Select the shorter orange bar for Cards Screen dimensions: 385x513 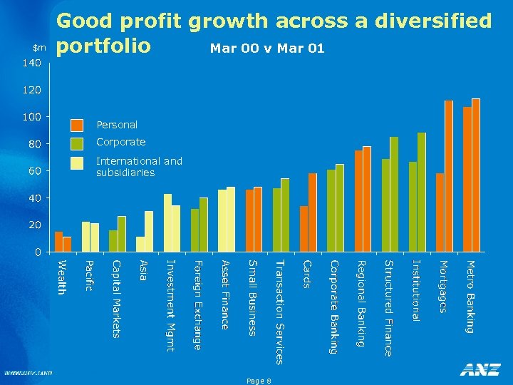click(304, 229)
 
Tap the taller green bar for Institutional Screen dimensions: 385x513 click(422, 192)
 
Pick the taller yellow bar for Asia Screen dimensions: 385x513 click(149, 231)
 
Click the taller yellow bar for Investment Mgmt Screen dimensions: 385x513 click(167, 222)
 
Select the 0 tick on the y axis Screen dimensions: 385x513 click(38, 252)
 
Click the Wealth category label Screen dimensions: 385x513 click(62, 278)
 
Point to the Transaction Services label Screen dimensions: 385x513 click(279, 312)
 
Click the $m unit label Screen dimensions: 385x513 click(39, 48)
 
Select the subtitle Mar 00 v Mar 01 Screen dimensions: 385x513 click(267, 48)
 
